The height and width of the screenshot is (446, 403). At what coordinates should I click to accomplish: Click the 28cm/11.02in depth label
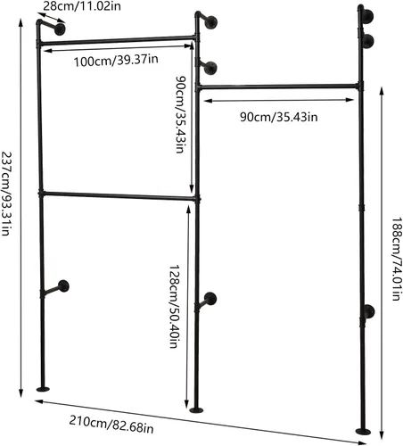point(82,6)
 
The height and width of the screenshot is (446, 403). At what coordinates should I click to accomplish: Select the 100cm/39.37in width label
point(116,61)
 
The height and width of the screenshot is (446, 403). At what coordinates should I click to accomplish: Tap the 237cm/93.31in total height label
point(6,194)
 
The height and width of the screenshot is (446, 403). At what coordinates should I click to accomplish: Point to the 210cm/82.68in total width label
point(111,424)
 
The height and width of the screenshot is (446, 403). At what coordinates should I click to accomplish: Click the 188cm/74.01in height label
point(397,259)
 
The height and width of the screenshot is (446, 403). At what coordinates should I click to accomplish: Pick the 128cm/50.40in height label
point(174,306)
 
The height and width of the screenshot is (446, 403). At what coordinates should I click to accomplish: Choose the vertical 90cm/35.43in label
point(181,114)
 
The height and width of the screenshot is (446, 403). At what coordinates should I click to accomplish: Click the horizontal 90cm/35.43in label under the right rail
point(279,117)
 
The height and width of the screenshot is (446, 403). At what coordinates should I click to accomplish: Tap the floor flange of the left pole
point(43,389)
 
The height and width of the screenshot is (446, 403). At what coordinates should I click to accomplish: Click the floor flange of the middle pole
point(196,410)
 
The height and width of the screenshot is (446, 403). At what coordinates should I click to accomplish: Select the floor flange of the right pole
point(363,431)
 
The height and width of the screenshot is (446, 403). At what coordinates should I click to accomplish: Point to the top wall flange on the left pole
point(60,29)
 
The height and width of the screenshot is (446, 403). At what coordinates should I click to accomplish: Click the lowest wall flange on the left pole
point(63,286)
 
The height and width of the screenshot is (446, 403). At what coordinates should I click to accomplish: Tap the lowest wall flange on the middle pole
point(210,299)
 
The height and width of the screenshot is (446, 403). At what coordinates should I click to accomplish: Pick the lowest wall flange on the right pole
point(369,311)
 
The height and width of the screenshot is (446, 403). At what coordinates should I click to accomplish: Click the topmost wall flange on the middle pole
point(211,22)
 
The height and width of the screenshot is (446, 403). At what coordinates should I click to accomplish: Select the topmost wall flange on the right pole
point(368,16)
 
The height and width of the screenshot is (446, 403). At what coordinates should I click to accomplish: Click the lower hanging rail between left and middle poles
point(119,196)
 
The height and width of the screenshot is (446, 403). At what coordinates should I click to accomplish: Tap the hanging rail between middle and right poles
point(279,87)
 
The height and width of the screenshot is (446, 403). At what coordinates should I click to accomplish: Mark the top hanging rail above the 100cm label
point(117,40)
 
